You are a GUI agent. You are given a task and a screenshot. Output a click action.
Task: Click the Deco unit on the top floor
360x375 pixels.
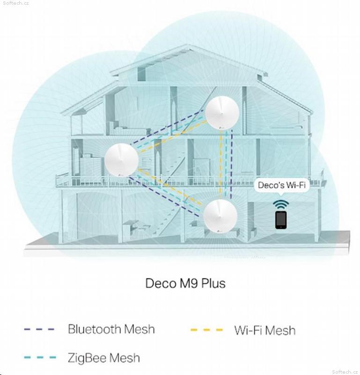point(222,113)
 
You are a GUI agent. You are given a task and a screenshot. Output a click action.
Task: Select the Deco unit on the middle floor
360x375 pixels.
point(121,160)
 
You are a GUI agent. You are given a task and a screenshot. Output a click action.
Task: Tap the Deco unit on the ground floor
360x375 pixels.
point(220,216)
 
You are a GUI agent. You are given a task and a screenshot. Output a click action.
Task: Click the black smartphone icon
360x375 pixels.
point(281,220)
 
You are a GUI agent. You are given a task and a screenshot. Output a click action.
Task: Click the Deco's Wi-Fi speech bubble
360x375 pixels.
point(282,186)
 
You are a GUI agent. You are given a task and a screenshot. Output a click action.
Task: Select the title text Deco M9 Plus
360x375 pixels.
point(185,284)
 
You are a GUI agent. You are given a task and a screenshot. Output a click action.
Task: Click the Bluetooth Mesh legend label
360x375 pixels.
point(111,329)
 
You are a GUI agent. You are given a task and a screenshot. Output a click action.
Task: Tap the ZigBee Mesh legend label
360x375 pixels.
point(104,358)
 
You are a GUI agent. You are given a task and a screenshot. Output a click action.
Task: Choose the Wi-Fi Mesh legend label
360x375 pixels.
point(265,330)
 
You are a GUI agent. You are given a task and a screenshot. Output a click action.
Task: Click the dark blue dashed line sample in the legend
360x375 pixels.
point(39,330)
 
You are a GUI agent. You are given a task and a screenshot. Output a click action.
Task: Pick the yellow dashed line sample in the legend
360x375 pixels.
point(206,330)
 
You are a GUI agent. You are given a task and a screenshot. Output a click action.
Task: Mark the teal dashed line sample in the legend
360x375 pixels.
point(40,358)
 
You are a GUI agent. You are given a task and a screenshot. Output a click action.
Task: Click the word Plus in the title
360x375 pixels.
point(213,284)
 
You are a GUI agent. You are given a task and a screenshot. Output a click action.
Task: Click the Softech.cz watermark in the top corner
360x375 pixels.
point(16,3)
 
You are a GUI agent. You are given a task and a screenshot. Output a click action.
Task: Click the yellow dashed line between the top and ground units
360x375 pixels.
point(220,165)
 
